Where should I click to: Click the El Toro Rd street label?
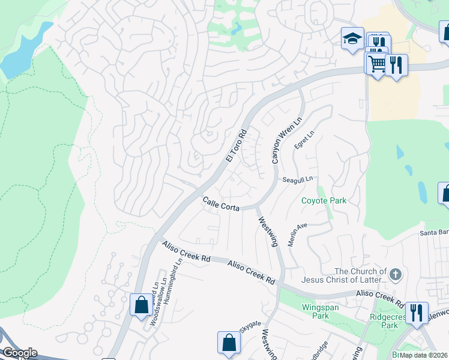(x=237, y=146)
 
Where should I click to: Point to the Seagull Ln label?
(x=298, y=179)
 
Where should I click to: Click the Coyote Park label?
(x=324, y=201)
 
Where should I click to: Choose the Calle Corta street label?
(x=221, y=204)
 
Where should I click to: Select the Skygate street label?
(x=251, y=324)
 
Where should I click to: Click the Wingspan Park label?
(x=316, y=310)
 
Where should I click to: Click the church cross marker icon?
(x=395, y=275)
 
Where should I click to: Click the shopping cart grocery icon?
(x=376, y=63)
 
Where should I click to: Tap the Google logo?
(x=19, y=353)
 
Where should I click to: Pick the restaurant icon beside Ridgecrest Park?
(x=417, y=313)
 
